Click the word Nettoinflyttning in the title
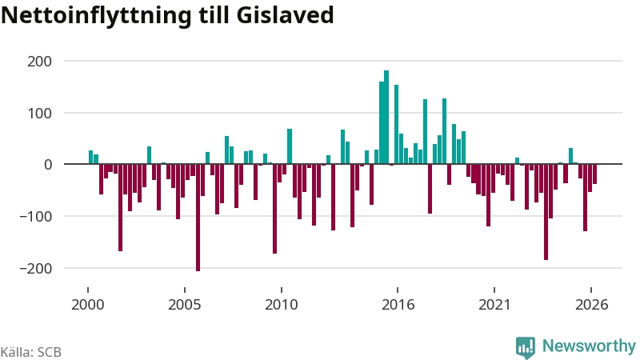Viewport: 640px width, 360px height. pos(96,15)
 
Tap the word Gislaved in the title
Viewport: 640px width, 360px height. pos(285,14)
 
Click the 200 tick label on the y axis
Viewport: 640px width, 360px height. pos(39,62)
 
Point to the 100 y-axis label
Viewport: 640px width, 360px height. pos(39,114)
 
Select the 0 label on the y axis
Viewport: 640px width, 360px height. pos(48,165)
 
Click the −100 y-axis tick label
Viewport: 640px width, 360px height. pos(36,217)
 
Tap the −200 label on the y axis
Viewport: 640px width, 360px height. pos(36,269)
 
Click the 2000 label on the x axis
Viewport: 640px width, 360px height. pos(88,305)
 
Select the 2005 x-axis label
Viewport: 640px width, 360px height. pos(185,305)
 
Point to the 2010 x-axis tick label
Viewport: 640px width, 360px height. pos(282,305)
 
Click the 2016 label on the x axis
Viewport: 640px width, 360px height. pos(398,305)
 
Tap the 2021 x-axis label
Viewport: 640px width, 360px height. pos(494,305)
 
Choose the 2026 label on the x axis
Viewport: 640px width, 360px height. pos(591,305)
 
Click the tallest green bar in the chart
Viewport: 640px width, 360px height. pos(386,117)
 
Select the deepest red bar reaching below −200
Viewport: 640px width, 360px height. pos(198,218)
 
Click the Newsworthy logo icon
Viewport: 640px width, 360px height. pos(526,347)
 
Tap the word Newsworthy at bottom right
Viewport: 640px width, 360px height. pos(589,346)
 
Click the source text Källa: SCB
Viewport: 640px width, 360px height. pos(31,352)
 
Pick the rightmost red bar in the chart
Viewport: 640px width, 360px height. pos(594,174)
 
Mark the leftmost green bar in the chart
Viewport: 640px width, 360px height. pos(90,157)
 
